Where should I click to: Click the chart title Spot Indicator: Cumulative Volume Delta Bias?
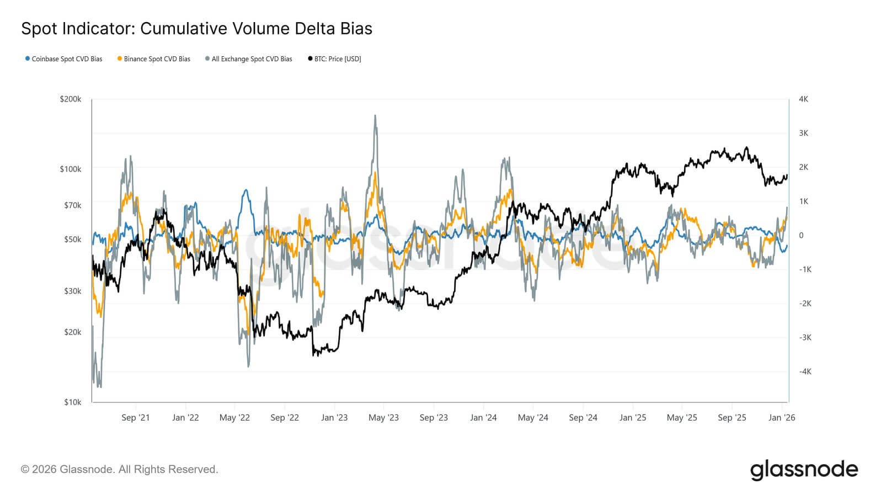[196, 29]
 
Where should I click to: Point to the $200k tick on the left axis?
[71, 99]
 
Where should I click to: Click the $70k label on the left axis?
[72, 205]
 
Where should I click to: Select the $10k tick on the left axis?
[72, 402]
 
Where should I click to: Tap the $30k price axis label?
[72, 291]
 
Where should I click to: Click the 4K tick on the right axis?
[803, 99]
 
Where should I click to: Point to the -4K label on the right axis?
[805, 371]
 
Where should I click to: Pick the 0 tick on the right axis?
[801, 235]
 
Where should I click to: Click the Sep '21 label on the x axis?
[135, 418]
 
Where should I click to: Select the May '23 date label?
[383, 418]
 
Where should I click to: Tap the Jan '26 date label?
[782, 418]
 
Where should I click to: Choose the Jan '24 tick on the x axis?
[483, 418]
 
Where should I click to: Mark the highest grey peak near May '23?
[375, 116]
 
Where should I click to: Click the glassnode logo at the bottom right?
[804, 470]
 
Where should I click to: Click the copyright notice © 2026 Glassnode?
[120, 470]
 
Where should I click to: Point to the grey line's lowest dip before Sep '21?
[99, 386]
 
